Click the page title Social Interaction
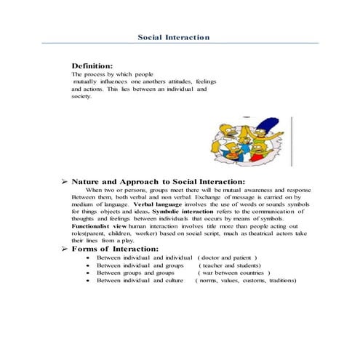[174, 37]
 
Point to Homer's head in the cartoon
[223, 132]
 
